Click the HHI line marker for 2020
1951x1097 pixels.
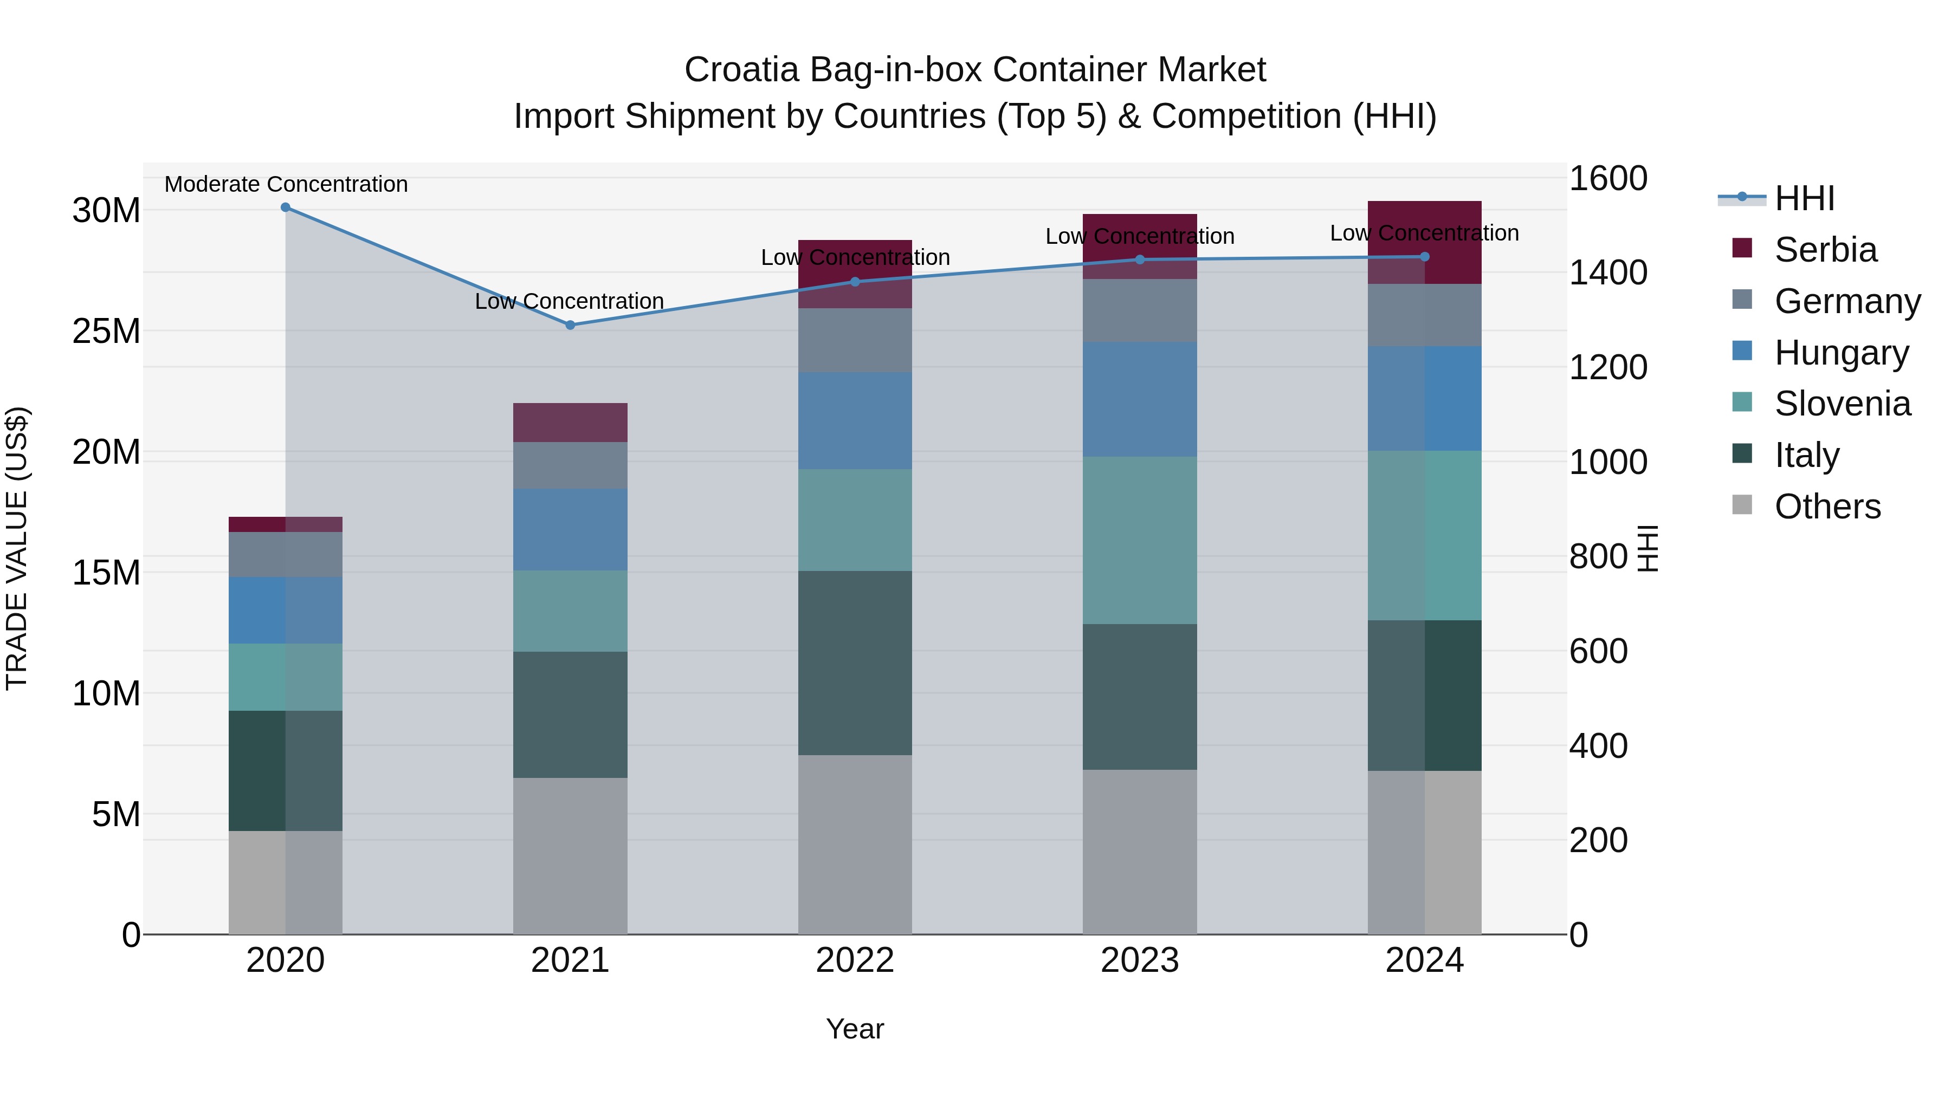click(286, 207)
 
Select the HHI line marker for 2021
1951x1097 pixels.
click(570, 325)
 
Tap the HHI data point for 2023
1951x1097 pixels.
click(1140, 259)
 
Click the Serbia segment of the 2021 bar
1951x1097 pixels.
click(570, 423)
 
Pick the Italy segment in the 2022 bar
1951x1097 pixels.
click(855, 663)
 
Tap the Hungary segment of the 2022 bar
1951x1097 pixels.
click(855, 420)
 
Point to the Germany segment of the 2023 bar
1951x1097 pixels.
click(1140, 310)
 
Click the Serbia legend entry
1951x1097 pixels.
click(1825, 250)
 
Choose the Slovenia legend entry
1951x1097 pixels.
click(1842, 404)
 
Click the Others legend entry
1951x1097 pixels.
click(1827, 507)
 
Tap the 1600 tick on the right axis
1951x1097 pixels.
click(1608, 179)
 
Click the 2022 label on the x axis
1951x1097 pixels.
click(855, 960)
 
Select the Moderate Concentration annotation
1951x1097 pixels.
click(286, 184)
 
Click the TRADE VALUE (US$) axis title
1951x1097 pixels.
click(17, 548)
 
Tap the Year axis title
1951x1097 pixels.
click(855, 1029)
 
